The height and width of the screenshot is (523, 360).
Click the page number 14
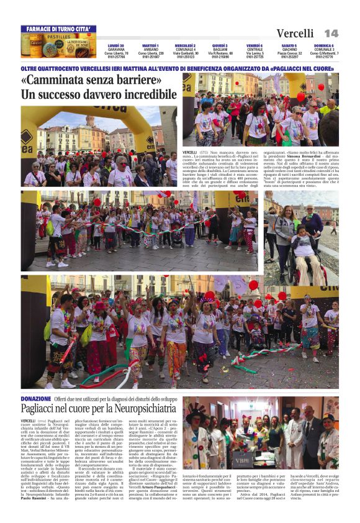tap(331, 33)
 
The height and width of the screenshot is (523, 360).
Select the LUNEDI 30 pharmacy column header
tap(116, 45)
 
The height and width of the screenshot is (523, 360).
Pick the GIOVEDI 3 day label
tap(220, 45)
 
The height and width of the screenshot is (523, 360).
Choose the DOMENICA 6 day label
tap(323, 45)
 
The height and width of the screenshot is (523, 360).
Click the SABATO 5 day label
tap(289, 45)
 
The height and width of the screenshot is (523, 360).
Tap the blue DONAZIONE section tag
tap(35, 398)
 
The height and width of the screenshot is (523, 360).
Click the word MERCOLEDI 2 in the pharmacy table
tap(185, 45)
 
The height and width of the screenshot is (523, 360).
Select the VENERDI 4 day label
tap(254, 45)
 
